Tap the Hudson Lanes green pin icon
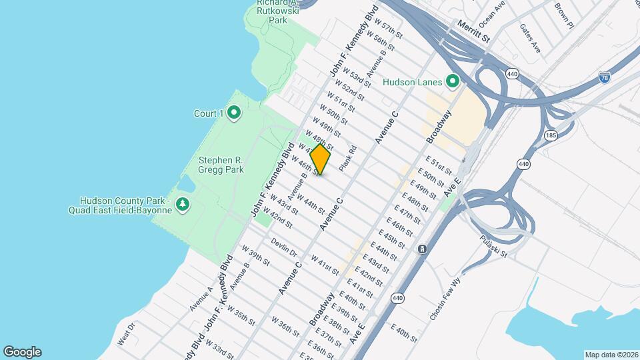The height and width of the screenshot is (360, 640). tap(453, 82)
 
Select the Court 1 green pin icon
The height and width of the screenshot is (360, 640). tap(233, 113)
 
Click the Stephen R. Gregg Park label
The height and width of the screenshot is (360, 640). tap(221, 165)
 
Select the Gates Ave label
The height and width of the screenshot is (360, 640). tap(530, 38)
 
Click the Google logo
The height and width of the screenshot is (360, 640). tap(22, 352)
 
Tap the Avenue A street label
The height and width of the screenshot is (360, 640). tap(200, 299)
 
